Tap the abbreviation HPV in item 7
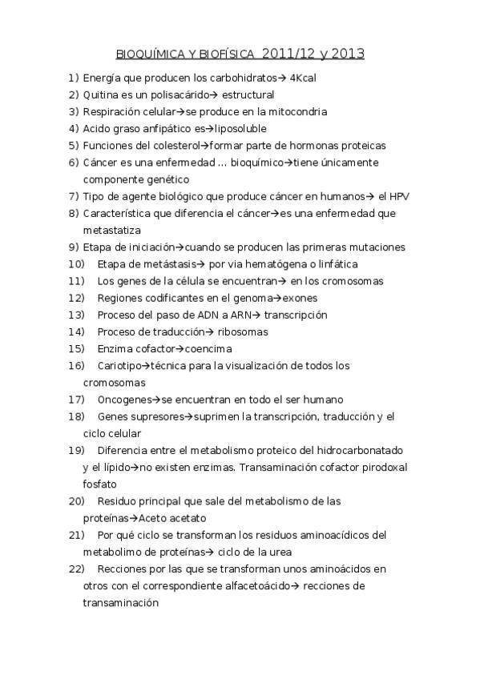[401, 197]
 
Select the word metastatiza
[112, 231]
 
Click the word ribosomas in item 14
[242, 331]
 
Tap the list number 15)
[77, 349]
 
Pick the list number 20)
[77, 501]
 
